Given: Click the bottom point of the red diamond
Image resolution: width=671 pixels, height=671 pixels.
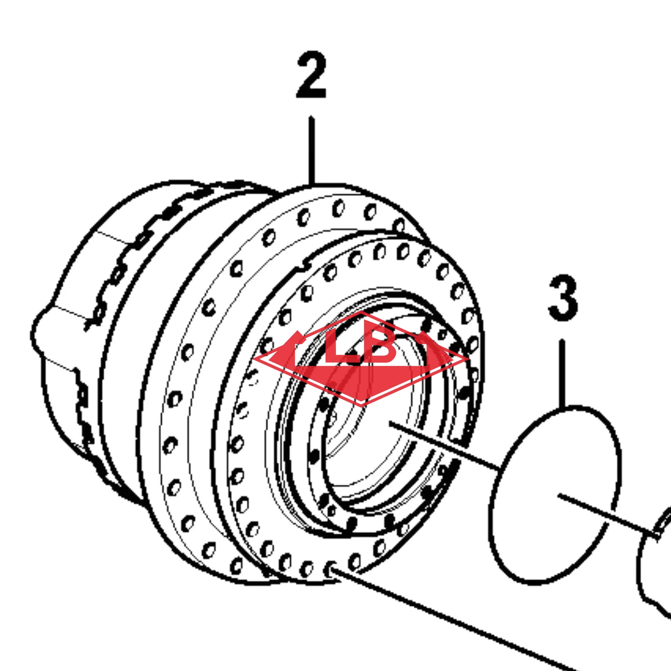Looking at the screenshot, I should (x=361, y=406).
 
